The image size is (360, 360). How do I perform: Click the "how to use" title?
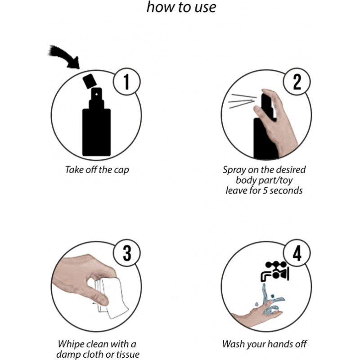tap(181, 7)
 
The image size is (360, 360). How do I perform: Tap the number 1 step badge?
tap(126, 81)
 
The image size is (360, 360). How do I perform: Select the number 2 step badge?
tap(297, 81)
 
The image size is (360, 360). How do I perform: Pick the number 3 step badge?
tap(126, 253)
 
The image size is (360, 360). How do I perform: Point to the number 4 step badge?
tap(297, 253)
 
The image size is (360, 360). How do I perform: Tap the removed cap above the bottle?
tap(90, 81)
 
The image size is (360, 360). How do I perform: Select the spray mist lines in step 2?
tap(242, 100)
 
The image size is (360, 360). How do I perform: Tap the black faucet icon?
tap(275, 271)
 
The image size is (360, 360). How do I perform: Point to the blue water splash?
tap(271, 300)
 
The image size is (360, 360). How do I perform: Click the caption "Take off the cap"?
tap(97, 170)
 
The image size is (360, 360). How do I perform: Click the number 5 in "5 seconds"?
tap(265, 190)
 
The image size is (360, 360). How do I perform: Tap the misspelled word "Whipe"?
tap(71, 344)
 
